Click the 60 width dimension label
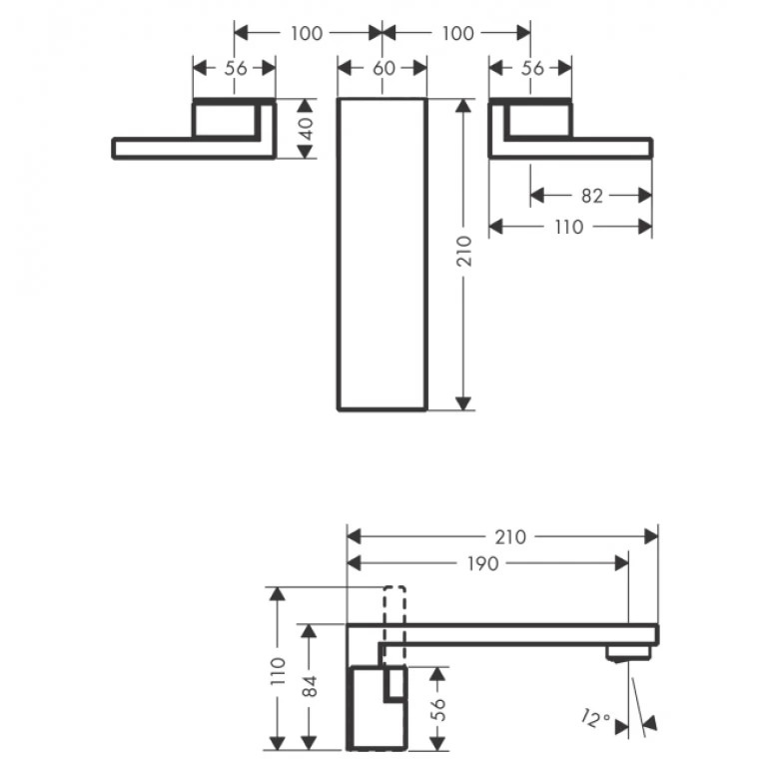pyautogui.click(x=383, y=68)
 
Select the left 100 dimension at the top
pyautogui.click(x=307, y=33)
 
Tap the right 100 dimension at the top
pyautogui.click(x=457, y=33)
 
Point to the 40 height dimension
pyautogui.click(x=306, y=129)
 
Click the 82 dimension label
pyautogui.click(x=591, y=196)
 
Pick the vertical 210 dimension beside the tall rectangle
pyautogui.click(x=464, y=251)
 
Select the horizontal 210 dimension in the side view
pyautogui.click(x=510, y=537)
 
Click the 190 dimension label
pyautogui.click(x=482, y=563)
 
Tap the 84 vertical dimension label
pyautogui.click(x=310, y=686)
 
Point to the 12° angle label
pyautogui.click(x=596, y=719)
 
